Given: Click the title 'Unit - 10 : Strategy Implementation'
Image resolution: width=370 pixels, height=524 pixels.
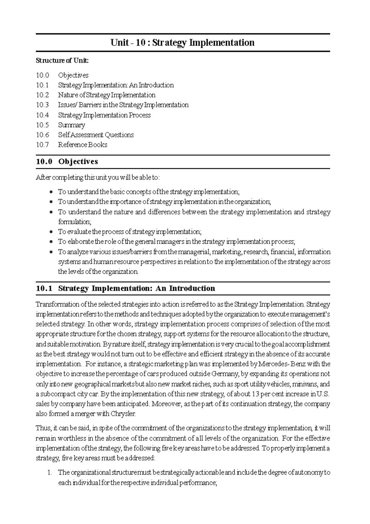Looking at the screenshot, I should pyautogui.click(x=183, y=43).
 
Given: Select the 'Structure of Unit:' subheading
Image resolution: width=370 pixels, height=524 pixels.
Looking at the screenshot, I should pyautogui.click(x=62, y=60).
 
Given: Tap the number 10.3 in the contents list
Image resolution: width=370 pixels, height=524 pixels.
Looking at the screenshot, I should pyautogui.click(x=42, y=105).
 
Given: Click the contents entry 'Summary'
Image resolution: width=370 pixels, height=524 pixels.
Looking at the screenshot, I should pyautogui.click(x=71, y=125).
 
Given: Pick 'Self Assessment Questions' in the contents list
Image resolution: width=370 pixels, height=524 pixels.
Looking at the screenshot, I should pyautogui.click(x=96, y=135).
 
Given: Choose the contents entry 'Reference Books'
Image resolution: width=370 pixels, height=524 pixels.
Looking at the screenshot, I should pyautogui.click(x=82, y=145).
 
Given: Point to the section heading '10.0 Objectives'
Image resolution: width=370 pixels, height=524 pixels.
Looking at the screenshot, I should pyautogui.click(x=67, y=161).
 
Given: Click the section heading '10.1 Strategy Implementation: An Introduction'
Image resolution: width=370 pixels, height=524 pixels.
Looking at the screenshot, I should pyautogui.click(x=125, y=288).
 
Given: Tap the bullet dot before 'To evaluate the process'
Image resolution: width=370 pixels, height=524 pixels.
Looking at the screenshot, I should pyautogui.click(x=51, y=232).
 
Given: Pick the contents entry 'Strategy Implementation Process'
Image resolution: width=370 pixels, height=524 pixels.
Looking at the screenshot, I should pyautogui.click(x=104, y=115).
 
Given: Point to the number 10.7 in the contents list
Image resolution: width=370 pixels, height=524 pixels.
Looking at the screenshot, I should pyautogui.click(x=42, y=145).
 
